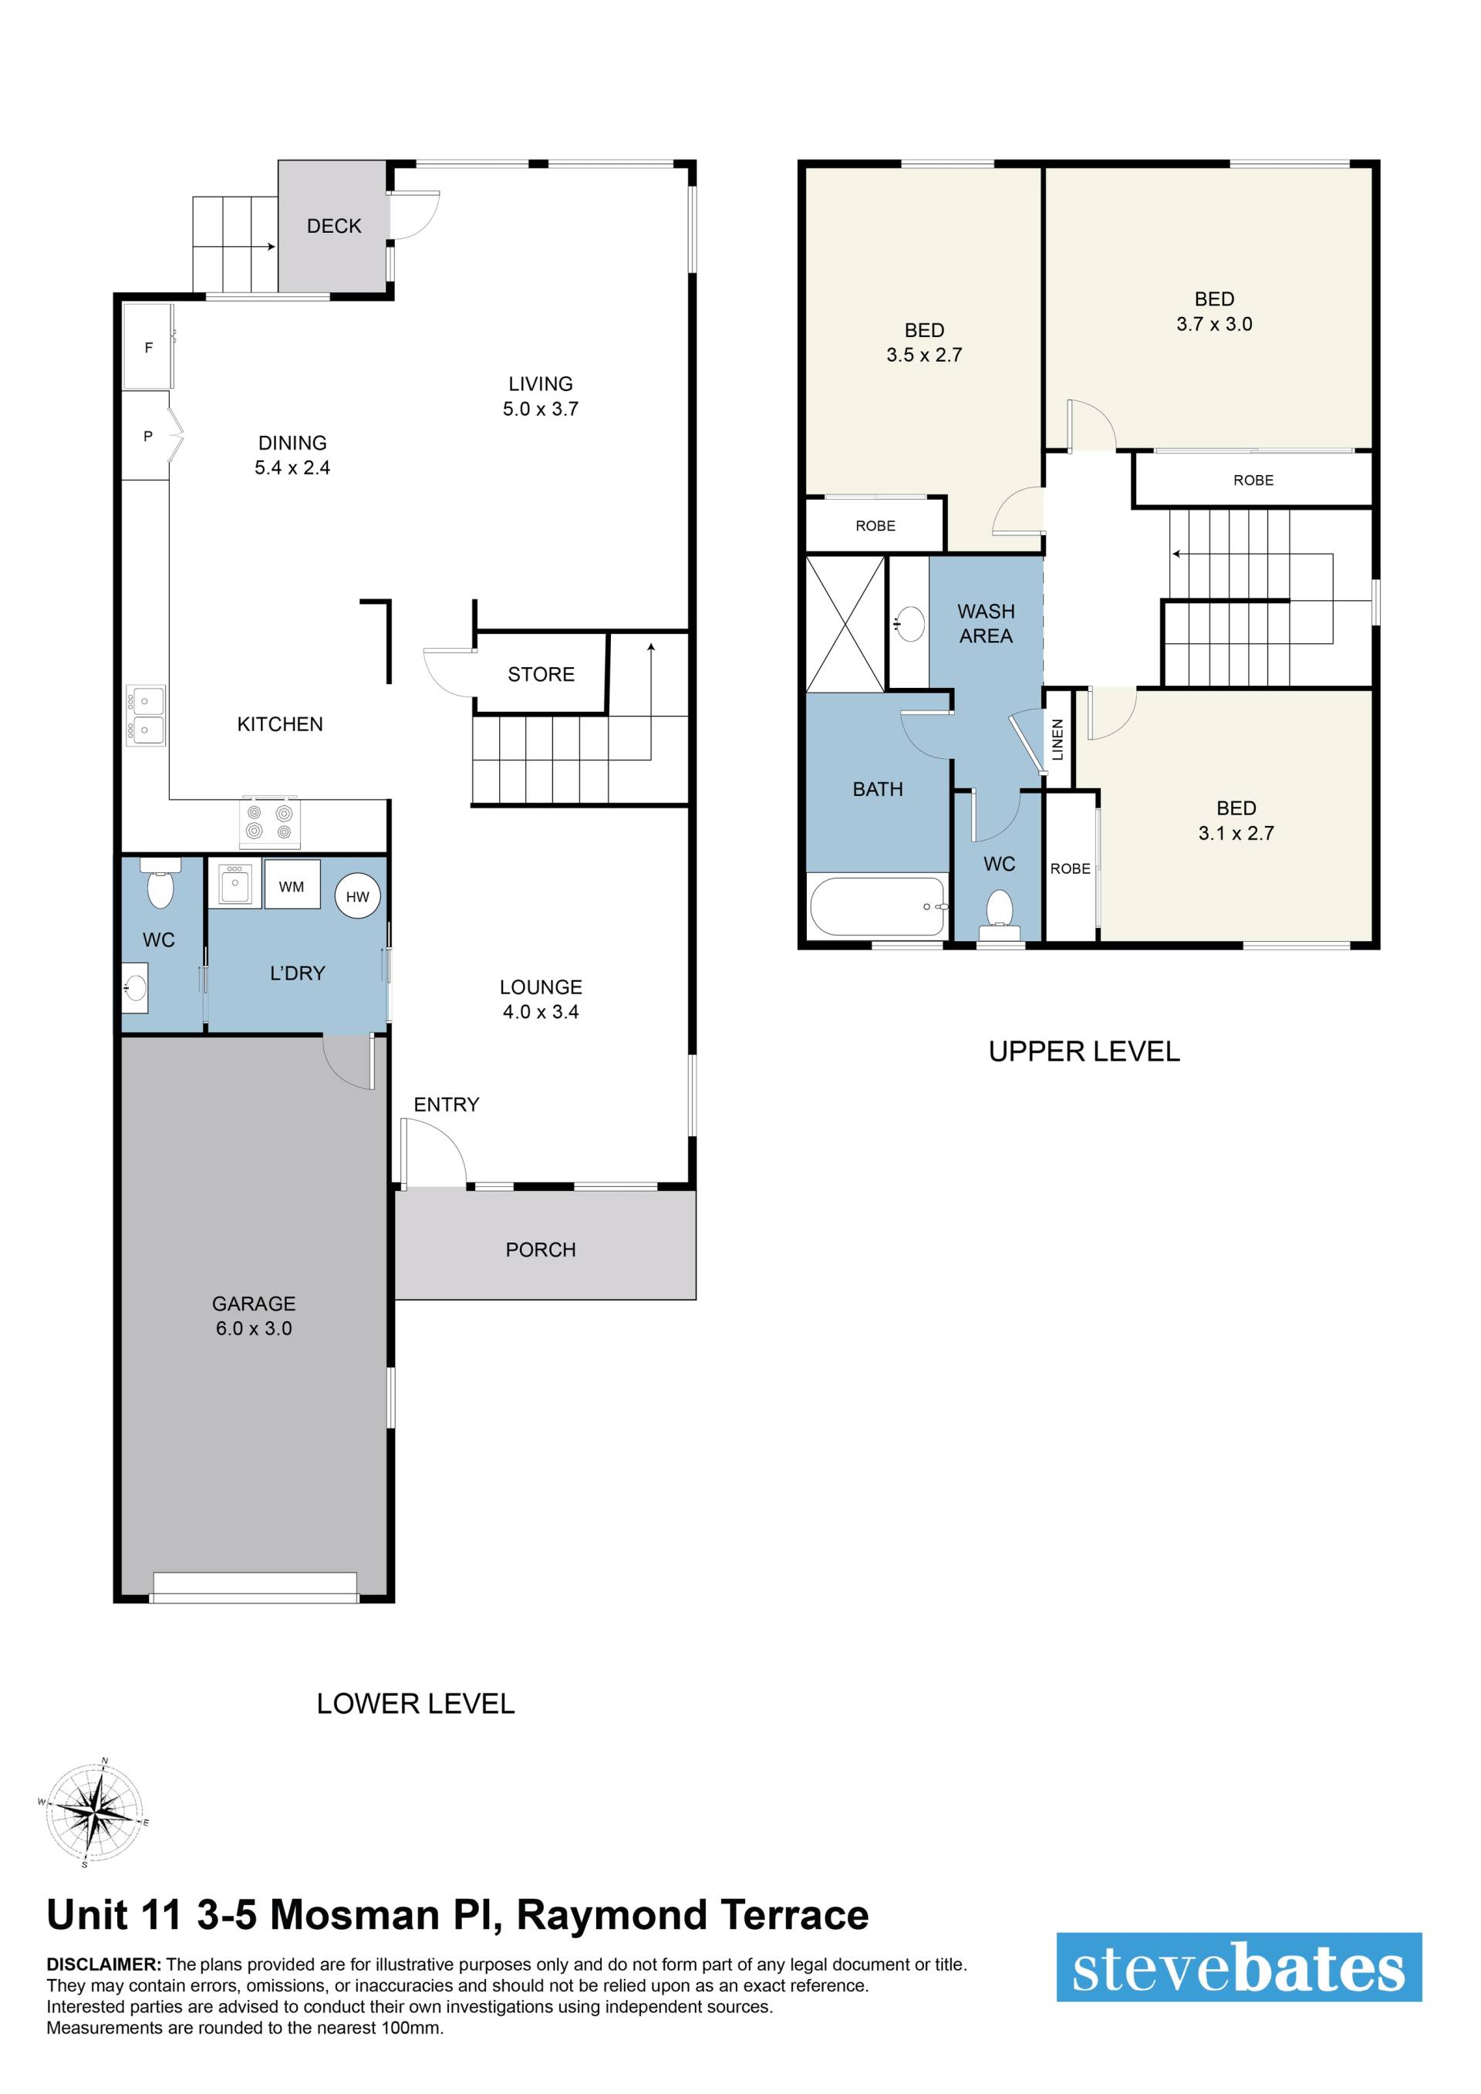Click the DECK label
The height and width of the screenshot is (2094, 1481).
click(334, 226)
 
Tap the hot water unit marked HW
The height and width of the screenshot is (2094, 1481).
click(357, 896)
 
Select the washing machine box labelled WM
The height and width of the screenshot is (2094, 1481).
click(292, 884)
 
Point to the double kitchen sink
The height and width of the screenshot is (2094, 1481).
click(146, 716)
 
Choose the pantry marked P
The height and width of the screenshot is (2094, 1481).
click(148, 436)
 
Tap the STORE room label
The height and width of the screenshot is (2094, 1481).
click(541, 674)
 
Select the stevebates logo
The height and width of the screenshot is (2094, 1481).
click(1239, 1969)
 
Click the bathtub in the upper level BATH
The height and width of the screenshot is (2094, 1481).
click(877, 906)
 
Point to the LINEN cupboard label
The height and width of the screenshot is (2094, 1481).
click(1058, 740)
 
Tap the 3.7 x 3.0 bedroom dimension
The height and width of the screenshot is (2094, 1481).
click(1214, 324)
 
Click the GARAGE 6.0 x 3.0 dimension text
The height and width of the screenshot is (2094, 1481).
click(254, 1329)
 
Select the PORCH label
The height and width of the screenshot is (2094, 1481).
click(541, 1249)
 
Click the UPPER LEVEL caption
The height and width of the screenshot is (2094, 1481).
click(1085, 1051)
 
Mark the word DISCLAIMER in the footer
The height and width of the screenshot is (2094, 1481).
click(104, 1964)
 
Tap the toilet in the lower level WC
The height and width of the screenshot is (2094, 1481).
click(160, 884)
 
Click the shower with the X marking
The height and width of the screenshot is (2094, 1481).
click(845, 624)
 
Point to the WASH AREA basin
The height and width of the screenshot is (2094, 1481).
click(909, 624)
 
